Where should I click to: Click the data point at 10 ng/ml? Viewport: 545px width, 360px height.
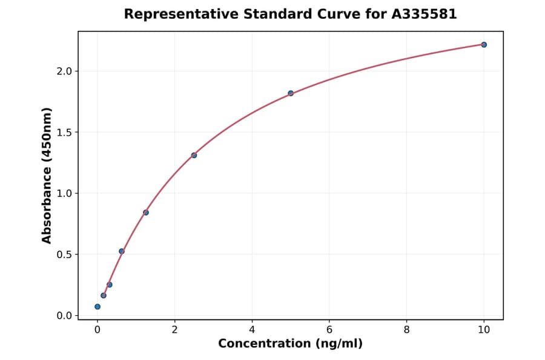tap(484, 45)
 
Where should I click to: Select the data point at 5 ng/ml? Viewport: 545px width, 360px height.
tap(291, 93)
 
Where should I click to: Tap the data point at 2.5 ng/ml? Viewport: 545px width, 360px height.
tap(194, 155)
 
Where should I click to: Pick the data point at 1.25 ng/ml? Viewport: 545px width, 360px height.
tap(146, 213)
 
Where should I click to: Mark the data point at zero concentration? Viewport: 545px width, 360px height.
tap(97, 307)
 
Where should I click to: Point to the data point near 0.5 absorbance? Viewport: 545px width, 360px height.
tap(122, 251)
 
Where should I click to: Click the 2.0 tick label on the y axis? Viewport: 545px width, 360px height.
tap(64, 72)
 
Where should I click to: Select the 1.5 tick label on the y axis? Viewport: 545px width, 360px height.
tap(64, 133)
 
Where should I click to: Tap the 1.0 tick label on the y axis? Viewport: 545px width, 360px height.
tap(64, 194)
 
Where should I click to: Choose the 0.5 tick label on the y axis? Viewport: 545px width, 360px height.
tap(64, 255)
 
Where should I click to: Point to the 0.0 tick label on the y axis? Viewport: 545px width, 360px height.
tap(64, 316)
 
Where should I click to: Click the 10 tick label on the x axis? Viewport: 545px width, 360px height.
tap(484, 330)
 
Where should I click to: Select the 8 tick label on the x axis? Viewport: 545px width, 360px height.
tap(406, 330)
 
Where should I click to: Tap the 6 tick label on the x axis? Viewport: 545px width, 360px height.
tap(329, 330)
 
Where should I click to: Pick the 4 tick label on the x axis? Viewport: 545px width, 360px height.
tap(252, 330)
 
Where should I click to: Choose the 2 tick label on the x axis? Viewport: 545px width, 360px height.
tap(175, 330)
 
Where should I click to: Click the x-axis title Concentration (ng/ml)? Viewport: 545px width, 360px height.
tap(290, 344)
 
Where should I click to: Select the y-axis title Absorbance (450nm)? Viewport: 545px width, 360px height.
tap(47, 176)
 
